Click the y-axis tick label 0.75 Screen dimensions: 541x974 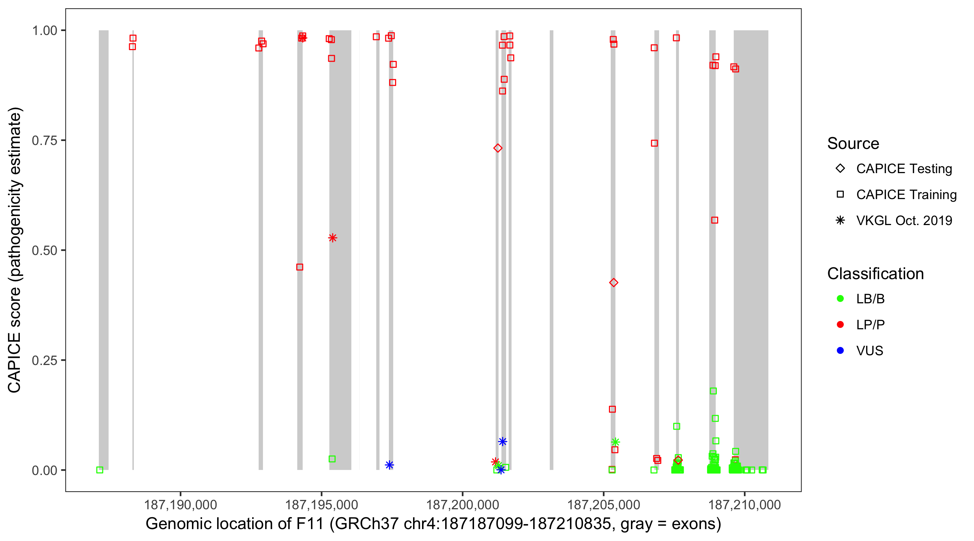point(44,141)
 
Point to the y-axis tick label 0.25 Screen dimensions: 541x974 point(44,360)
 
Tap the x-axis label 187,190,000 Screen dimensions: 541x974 point(180,505)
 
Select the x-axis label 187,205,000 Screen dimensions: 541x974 point(604,505)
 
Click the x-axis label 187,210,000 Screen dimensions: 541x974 point(744,505)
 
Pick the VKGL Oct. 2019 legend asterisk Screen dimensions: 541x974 point(840,220)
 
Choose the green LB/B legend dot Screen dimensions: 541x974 point(840,299)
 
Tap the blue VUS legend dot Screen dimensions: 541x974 point(840,351)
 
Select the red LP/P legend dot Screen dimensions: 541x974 point(840,325)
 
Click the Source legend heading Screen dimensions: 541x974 point(853,144)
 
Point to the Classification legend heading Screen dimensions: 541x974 point(875,274)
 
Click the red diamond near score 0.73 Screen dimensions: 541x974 point(497,148)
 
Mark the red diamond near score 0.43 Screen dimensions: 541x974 point(614,283)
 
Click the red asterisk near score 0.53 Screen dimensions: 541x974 point(332,238)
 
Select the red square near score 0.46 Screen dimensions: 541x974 point(299,267)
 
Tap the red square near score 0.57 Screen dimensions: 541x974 point(714,220)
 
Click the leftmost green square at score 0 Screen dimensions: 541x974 point(100,470)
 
